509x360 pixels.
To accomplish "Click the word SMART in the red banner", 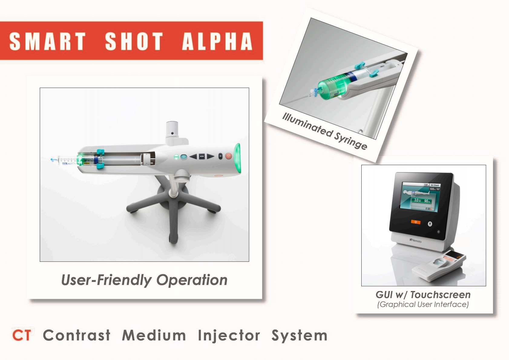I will pos(48,41).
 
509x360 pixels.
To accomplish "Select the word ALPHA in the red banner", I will pos(217,41).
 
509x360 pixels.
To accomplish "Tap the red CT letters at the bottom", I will pos(21,335).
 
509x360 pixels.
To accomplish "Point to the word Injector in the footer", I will pos(229,335).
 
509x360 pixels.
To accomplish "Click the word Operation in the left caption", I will pos(192,280).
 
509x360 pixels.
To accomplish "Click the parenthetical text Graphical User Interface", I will pos(423,304).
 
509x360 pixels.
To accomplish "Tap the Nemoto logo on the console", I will pos(415,241).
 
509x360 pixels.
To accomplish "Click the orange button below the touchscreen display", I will pos(415,222).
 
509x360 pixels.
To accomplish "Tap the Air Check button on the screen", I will pos(435,185).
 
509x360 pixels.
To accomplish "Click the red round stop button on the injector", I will pos(228,156).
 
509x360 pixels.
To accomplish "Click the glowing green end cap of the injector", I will pos(238,158).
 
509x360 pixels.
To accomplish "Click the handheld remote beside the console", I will pos(439,266).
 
